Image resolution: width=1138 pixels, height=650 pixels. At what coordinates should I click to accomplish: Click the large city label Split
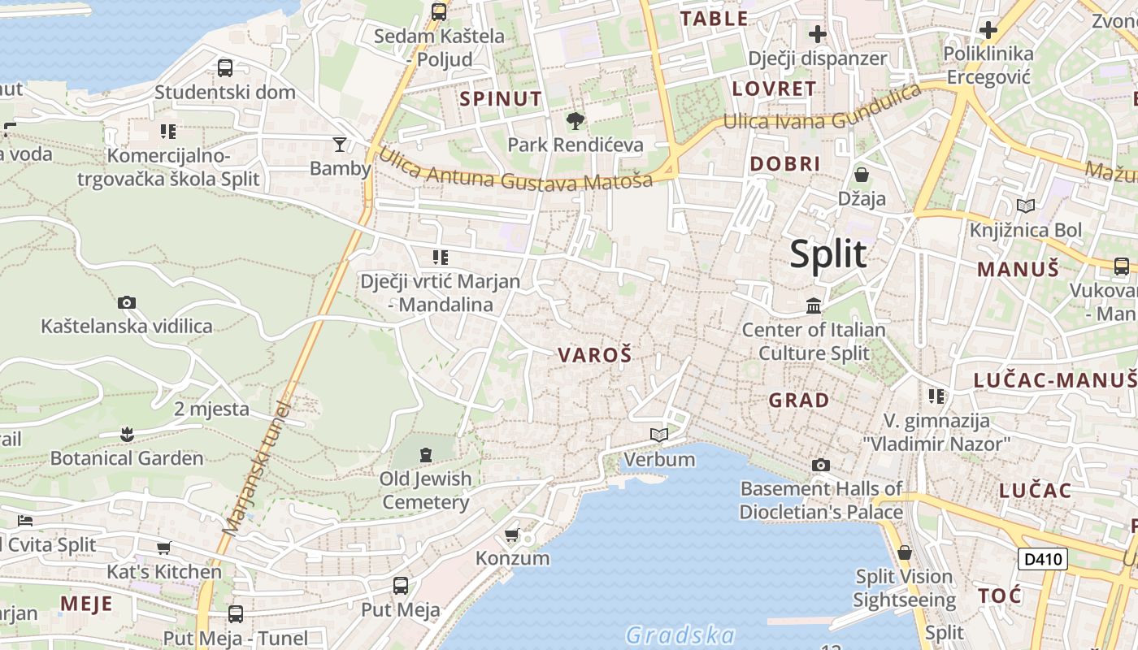828,254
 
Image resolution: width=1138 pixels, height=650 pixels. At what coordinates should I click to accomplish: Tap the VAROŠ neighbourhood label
594,355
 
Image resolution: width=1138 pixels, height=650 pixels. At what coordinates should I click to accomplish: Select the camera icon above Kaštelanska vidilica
127,303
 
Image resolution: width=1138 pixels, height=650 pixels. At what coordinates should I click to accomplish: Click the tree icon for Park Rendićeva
576,122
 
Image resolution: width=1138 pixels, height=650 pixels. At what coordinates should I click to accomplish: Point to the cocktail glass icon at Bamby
340,145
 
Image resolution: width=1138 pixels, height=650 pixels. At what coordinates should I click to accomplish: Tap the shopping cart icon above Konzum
511,535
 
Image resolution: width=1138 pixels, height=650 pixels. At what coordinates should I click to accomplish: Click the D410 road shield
1042,558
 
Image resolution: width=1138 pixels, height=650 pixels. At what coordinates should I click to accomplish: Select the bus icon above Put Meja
400,586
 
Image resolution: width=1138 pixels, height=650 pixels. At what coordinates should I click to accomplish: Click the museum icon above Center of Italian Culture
813,305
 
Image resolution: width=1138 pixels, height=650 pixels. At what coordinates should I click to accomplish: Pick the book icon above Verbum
659,435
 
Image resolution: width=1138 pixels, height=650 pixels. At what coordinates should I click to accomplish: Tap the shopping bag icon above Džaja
862,175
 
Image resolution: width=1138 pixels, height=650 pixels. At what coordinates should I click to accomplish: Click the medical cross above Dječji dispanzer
817,34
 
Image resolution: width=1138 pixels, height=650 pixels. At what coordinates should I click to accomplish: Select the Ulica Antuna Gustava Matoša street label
516,171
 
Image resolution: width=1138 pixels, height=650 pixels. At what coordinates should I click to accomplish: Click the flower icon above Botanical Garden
127,434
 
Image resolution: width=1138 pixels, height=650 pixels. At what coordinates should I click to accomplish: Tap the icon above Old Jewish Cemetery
426,454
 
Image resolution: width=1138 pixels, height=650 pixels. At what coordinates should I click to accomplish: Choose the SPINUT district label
501,99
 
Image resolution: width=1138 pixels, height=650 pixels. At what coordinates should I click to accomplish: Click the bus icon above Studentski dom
225,68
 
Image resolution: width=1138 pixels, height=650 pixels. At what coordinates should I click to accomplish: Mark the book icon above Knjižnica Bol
1026,206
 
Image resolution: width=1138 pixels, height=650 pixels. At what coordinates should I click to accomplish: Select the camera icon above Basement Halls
821,465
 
